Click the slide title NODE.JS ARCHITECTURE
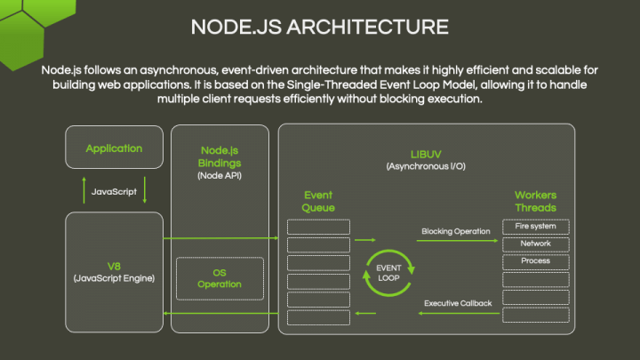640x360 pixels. pyautogui.click(x=319, y=26)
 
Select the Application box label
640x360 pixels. pyautogui.click(x=114, y=148)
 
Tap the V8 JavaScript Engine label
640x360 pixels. pyautogui.click(x=114, y=272)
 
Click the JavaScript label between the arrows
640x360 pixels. pyautogui.click(x=114, y=191)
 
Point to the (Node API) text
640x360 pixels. pyautogui.click(x=220, y=176)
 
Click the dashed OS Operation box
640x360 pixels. pyautogui.click(x=220, y=278)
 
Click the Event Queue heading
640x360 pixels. pyautogui.click(x=318, y=201)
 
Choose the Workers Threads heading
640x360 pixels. pyautogui.click(x=535, y=201)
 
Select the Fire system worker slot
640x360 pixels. pyautogui.click(x=535, y=227)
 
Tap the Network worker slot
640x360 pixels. pyautogui.click(x=535, y=244)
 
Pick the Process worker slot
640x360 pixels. pyautogui.click(x=535, y=261)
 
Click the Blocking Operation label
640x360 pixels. pyautogui.click(x=455, y=231)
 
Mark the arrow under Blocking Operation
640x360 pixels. pyautogui.click(x=456, y=241)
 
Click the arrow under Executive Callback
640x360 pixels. pyautogui.click(x=456, y=314)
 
